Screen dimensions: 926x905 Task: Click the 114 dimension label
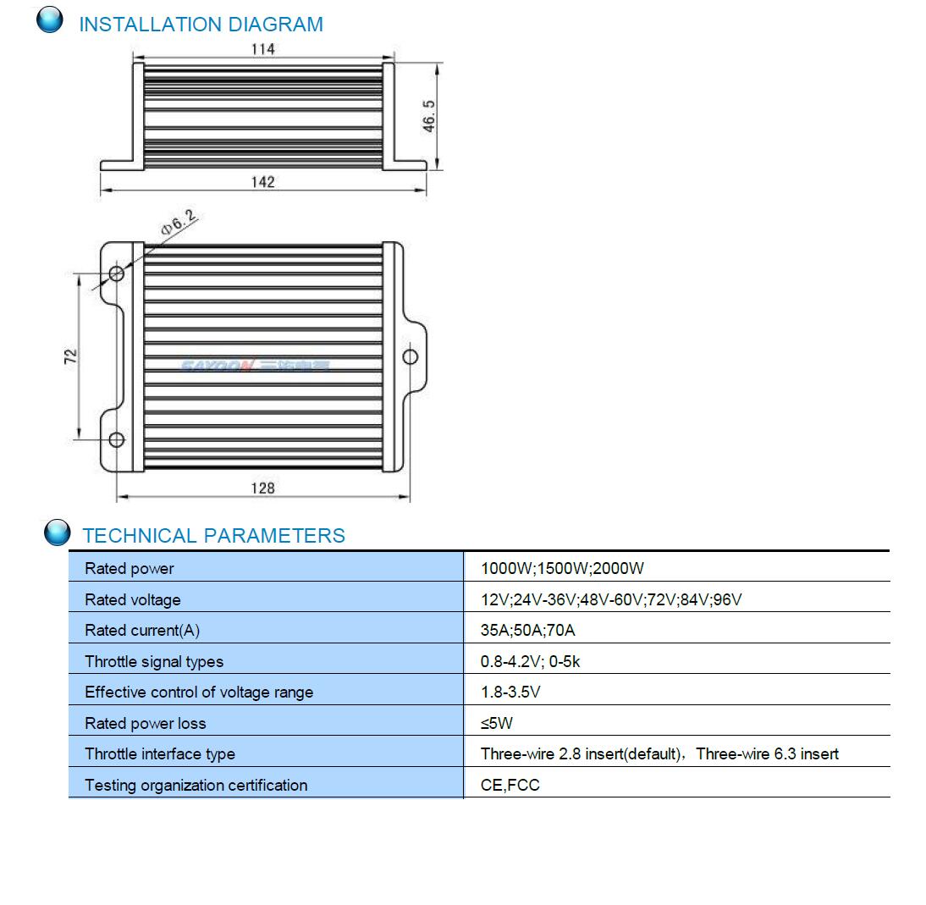262,49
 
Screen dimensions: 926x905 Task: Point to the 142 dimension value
262,182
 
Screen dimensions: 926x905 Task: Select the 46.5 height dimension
429,116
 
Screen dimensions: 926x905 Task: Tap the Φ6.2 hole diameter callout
179,223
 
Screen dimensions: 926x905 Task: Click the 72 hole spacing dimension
70,356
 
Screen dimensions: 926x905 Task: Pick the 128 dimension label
262,488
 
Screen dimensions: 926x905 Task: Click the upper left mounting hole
117,273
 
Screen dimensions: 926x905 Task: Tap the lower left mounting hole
117,439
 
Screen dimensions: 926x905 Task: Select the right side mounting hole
410,356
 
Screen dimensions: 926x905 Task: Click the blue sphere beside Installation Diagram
50,19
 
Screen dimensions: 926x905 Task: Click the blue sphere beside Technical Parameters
58,533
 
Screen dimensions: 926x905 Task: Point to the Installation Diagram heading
201,25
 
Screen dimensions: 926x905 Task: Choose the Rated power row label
130,568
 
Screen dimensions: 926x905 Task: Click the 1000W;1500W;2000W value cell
562,568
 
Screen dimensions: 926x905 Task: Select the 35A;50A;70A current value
527,631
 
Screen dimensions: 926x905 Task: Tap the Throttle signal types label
154,662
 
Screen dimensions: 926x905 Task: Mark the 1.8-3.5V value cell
510,692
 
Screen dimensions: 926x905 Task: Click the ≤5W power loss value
497,723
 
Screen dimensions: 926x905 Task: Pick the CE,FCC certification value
510,785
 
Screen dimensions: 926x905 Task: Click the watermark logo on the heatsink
255,366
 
